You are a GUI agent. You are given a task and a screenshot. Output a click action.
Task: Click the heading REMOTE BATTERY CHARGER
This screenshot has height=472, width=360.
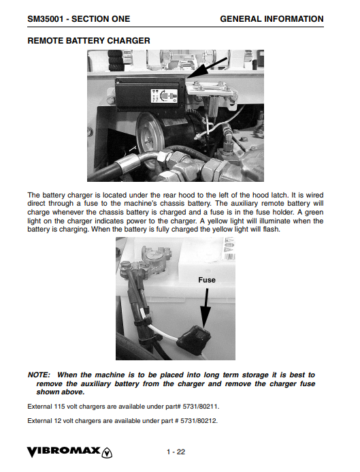(88, 41)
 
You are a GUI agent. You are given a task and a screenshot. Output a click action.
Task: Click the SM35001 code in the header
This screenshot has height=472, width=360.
(45, 19)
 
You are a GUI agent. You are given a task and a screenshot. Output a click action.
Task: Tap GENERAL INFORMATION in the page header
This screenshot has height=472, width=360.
(272, 19)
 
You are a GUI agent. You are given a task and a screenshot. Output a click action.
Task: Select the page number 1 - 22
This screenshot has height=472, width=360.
(176, 452)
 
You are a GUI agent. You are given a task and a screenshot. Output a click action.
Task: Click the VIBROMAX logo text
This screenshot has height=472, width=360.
(64, 452)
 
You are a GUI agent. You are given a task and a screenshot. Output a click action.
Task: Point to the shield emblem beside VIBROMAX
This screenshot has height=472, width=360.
(108, 452)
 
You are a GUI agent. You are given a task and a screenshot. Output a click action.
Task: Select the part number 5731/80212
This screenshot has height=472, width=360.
(199, 420)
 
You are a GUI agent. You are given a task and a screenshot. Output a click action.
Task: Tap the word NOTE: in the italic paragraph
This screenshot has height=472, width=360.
(39, 375)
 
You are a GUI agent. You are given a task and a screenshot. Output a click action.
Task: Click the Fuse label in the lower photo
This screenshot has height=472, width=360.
(207, 280)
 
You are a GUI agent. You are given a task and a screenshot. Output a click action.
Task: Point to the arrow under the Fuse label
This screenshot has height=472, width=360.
(206, 308)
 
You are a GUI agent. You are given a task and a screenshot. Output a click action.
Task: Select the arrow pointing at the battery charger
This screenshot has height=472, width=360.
(208, 67)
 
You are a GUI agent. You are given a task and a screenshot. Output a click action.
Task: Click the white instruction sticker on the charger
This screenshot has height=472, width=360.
(164, 96)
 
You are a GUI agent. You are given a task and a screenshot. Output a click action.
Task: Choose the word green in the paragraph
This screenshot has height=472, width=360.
(314, 213)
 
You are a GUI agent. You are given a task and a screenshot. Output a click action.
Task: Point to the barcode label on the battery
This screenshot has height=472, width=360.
(229, 257)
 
